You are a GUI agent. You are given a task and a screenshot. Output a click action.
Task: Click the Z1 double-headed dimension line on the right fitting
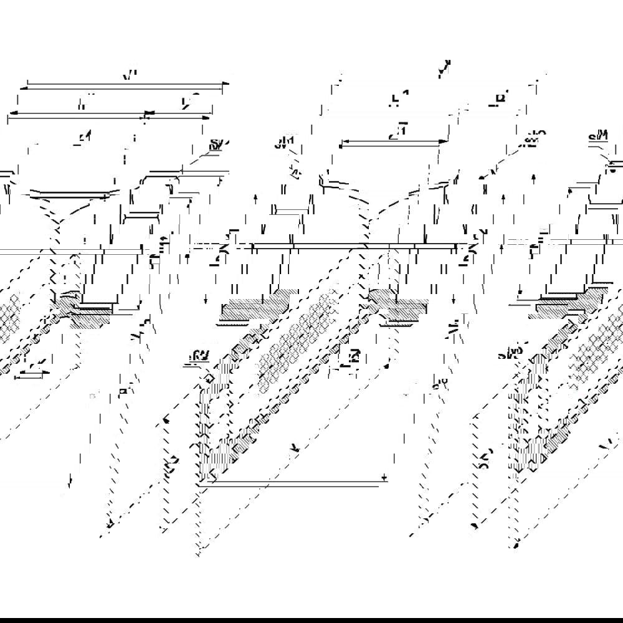(394, 143)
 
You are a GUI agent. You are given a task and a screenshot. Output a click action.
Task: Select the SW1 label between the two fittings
(284, 145)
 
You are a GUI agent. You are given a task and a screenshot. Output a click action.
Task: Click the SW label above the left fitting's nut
(216, 145)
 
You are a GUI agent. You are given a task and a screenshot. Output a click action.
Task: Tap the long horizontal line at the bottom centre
(293, 480)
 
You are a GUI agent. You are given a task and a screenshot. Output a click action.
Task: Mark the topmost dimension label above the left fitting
(130, 75)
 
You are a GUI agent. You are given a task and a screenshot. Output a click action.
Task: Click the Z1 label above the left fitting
(83, 136)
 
